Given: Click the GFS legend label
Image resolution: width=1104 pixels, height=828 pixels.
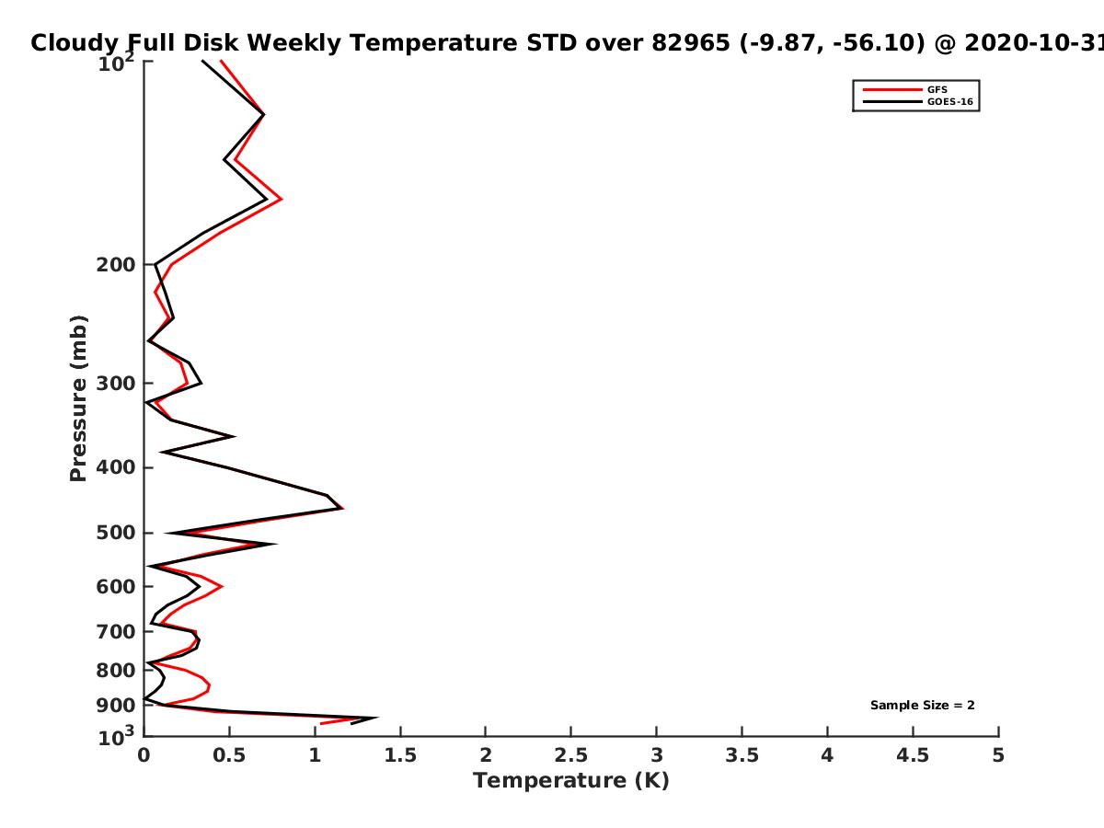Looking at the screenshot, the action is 937,89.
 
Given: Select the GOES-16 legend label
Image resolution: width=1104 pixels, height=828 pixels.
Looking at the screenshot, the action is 949,101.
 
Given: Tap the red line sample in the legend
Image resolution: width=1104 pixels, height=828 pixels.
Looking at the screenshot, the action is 892,89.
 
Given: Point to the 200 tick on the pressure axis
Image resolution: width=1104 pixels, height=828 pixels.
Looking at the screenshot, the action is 116,264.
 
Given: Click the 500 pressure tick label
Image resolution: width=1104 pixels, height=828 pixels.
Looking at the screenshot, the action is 116,533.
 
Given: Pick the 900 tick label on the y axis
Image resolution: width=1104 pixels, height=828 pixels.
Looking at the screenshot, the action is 116,706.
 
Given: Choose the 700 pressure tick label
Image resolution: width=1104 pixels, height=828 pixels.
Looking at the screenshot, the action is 116,631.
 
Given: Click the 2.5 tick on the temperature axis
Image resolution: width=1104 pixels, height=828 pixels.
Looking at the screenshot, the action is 571,755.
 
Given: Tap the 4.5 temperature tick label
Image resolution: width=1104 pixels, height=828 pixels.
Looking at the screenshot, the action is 913,755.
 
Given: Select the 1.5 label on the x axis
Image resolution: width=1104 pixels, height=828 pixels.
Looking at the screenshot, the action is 400,755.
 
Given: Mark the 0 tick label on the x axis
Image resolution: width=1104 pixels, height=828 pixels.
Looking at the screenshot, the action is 144,755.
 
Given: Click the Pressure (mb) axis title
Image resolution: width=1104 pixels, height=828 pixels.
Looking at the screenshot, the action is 78,398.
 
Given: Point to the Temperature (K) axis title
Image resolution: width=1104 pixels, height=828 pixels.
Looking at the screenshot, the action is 571,781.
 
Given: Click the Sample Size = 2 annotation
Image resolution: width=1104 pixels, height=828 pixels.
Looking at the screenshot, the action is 923,706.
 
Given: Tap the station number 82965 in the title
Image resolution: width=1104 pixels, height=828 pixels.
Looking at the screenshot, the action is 691,42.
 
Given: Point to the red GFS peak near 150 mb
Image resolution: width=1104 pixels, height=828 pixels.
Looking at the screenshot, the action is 282,199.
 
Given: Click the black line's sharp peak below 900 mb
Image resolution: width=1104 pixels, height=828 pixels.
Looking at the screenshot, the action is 376,718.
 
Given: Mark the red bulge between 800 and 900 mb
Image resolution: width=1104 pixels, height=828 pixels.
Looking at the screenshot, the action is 209,685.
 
